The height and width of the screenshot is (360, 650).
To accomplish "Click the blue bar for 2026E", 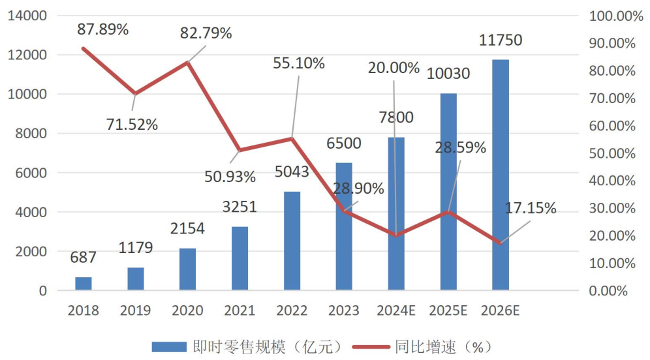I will coord(501,175).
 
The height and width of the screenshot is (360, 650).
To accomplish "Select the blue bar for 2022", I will coord(292,241).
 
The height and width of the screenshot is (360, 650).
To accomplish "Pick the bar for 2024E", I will coord(396,213).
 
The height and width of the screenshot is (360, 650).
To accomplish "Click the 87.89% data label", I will coord(102,29).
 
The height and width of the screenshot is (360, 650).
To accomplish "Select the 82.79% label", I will coord(206,33).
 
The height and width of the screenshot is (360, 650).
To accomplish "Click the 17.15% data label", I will coord(531,209).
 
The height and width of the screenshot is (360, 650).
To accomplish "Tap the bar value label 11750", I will coord(500,40).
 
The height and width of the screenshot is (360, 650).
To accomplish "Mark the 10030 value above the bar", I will coord(448,74).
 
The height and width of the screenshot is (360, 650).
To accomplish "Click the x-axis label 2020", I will coord(187,310).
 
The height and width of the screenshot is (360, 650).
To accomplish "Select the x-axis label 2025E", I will coord(448,310).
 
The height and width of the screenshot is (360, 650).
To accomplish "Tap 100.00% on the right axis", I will coord(616,16).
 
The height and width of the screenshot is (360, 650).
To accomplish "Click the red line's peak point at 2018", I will coord(84,48).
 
